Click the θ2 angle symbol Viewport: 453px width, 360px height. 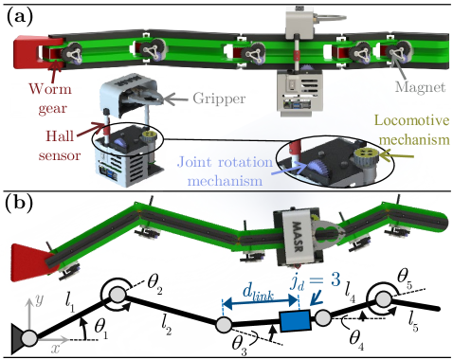(x=154, y=281)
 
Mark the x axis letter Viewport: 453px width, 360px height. (x=56, y=348)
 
